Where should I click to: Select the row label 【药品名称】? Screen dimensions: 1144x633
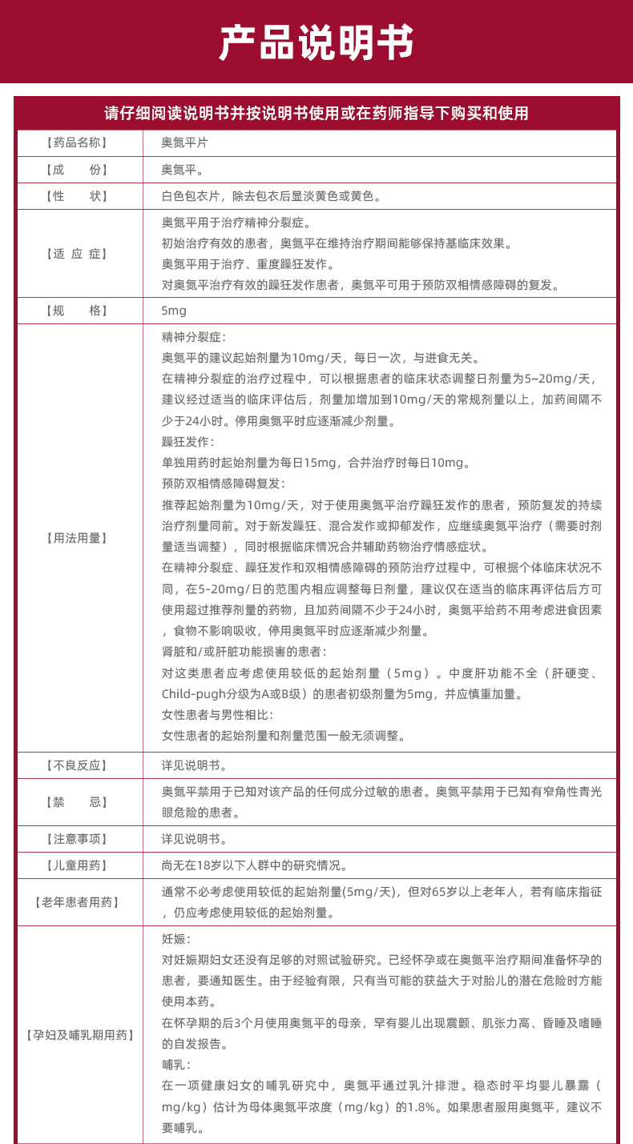click(x=77, y=142)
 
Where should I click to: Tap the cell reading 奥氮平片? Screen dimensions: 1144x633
click(x=184, y=142)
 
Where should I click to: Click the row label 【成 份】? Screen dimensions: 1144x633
click(x=77, y=170)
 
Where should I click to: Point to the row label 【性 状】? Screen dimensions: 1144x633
click(x=77, y=196)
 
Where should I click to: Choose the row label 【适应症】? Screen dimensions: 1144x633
click(x=77, y=254)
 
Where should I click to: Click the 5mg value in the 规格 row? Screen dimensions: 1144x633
click(x=174, y=311)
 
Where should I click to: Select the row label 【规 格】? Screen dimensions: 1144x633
click(x=77, y=311)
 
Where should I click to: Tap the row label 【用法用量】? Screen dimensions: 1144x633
click(x=77, y=538)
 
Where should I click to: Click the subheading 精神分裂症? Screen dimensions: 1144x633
click(x=194, y=338)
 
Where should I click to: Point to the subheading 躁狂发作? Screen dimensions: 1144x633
click(x=187, y=442)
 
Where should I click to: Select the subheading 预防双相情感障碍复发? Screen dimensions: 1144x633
click(x=223, y=484)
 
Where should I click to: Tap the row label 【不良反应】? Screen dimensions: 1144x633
click(x=77, y=765)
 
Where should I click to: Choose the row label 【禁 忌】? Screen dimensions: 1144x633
click(x=77, y=802)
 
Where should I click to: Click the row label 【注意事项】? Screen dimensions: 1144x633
click(x=77, y=839)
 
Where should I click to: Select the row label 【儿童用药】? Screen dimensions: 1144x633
click(x=77, y=865)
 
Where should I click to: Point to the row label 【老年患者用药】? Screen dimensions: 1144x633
click(x=77, y=902)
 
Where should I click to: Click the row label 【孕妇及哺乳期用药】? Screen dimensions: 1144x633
click(x=77, y=1035)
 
